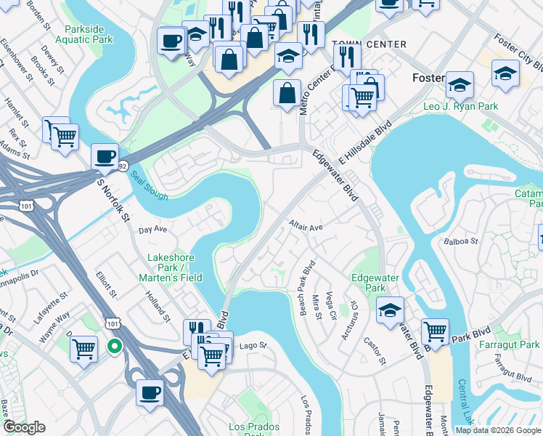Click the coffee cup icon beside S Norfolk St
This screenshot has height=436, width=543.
105,156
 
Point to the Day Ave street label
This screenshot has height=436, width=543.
153,229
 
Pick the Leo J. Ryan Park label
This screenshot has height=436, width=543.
461,106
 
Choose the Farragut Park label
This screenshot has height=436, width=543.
515,344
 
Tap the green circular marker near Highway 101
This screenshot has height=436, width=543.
114,346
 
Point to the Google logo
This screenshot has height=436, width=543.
24,427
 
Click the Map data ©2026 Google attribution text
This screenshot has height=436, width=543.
499,430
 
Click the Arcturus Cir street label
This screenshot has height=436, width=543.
350,320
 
